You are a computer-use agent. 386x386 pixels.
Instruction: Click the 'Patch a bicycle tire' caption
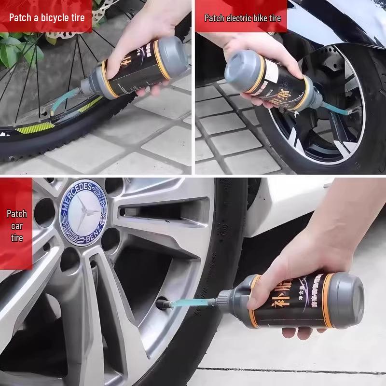coord(47,18)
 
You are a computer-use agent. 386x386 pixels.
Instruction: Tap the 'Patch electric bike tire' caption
coord(242,18)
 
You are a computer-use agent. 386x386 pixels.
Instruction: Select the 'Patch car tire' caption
coord(16,225)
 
